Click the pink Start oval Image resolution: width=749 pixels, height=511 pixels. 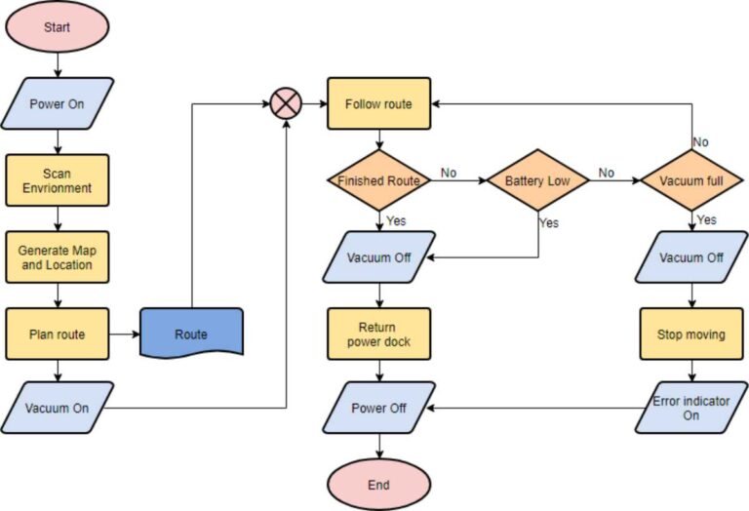[57, 28]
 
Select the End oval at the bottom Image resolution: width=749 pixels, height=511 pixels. [378, 485]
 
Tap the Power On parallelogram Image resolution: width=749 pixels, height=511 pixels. [57, 103]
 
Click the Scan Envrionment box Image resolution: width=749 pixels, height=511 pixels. [57, 181]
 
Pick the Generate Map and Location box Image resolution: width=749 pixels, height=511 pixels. [57, 257]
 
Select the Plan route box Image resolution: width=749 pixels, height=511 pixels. [57, 334]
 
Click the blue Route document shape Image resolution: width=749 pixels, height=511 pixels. [191, 334]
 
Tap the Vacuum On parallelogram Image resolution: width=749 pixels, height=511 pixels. [57, 408]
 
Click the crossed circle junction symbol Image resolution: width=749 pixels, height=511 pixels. [286, 103]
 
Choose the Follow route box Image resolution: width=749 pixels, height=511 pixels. [378, 103]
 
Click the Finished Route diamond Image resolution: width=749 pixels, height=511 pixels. [378, 181]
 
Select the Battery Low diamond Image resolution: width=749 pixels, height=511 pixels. [537, 181]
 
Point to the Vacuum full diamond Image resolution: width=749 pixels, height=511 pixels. [691, 181]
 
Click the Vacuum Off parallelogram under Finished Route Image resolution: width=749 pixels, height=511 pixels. [378, 258]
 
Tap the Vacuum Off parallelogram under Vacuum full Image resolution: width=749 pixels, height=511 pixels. [691, 258]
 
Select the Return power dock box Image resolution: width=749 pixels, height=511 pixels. [378, 334]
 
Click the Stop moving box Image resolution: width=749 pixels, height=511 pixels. [691, 334]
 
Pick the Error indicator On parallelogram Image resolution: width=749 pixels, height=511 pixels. [691, 408]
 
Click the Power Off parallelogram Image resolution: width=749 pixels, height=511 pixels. [378, 408]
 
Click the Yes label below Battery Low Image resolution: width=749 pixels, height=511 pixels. [550, 223]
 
